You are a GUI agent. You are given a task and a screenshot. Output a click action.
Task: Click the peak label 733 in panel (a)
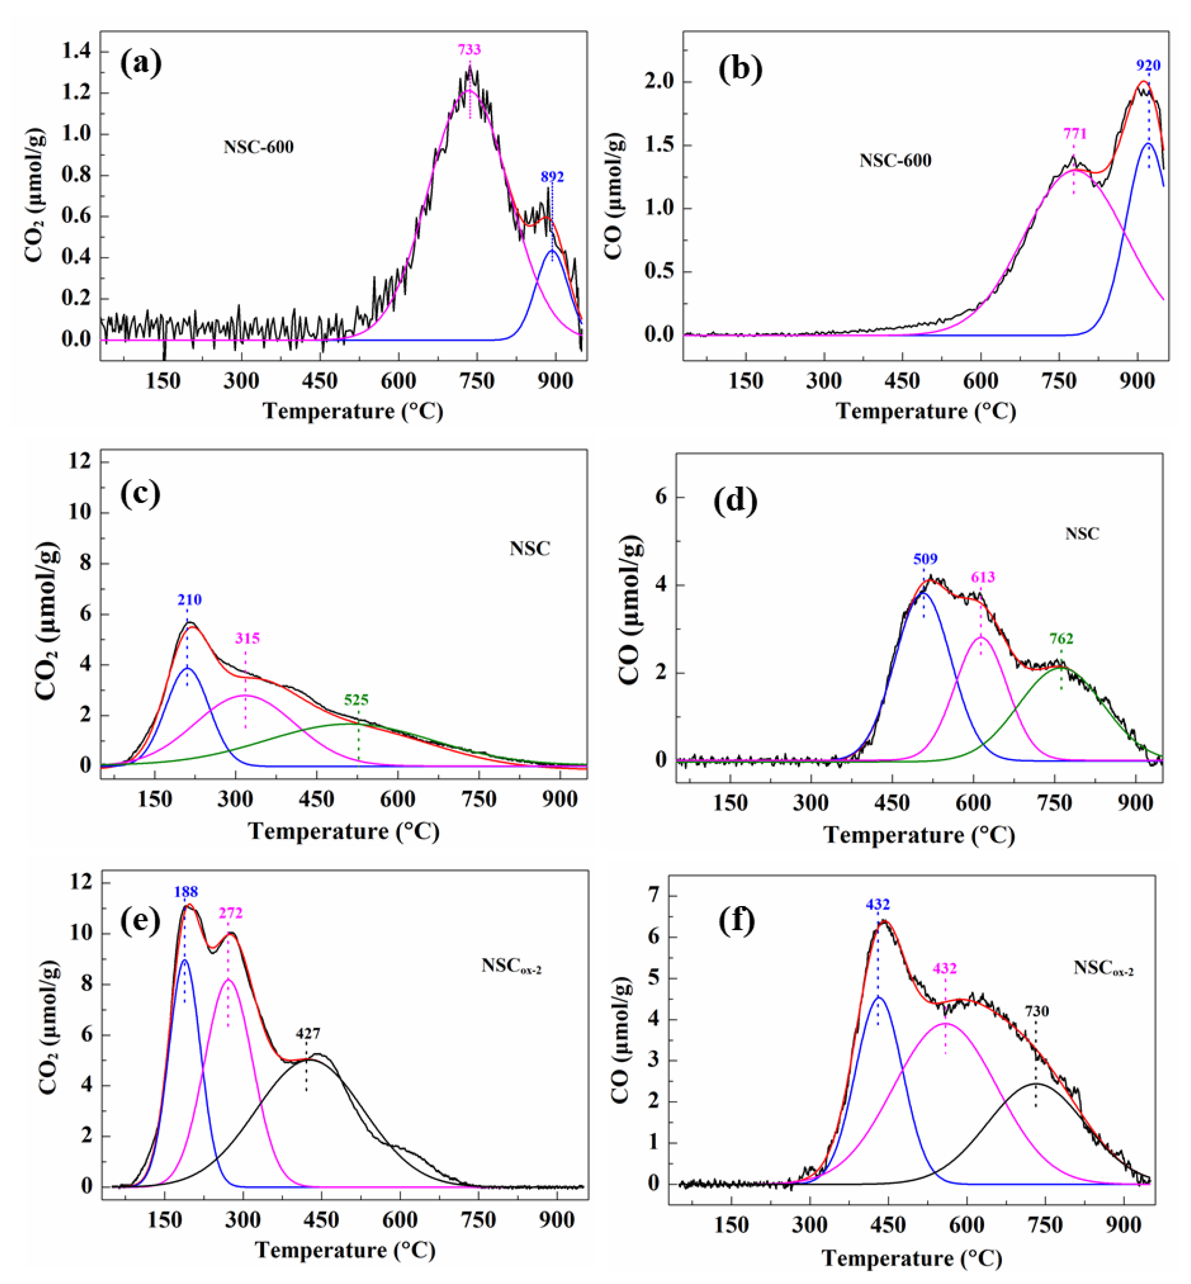[x=469, y=50]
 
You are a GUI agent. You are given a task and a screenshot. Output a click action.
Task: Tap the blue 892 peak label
[x=553, y=177]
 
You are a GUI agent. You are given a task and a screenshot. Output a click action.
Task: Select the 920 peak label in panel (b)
[x=1148, y=65]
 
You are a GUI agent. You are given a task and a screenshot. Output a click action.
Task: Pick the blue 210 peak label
[x=189, y=599]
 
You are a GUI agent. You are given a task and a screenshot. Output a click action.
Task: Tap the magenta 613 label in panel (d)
[x=983, y=577]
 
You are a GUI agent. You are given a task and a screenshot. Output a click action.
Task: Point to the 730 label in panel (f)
[x=1037, y=1012]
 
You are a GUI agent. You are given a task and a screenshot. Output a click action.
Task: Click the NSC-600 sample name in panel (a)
[x=258, y=147]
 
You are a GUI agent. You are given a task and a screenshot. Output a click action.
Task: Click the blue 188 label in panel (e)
[x=186, y=891]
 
